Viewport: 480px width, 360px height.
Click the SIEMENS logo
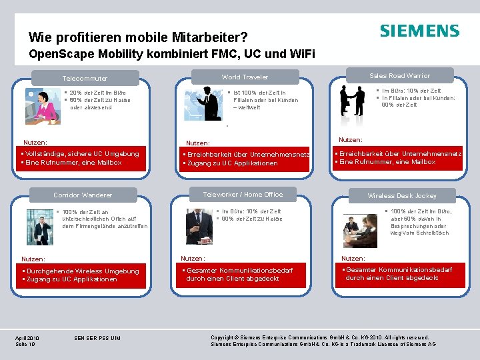click(419, 31)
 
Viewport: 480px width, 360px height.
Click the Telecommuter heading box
click(85, 78)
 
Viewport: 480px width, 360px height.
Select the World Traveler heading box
click(245, 77)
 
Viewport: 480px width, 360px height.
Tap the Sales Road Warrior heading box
click(400, 75)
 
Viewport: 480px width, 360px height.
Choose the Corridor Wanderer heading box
click(83, 195)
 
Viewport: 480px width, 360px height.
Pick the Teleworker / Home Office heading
click(243, 195)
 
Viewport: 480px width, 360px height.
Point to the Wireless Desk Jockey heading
click(402, 196)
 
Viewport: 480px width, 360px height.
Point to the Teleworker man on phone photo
click(199, 226)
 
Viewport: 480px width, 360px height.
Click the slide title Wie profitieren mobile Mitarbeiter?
click(139, 37)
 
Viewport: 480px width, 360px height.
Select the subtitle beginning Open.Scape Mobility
click(172, 54)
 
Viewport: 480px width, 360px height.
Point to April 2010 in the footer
click(27, 338)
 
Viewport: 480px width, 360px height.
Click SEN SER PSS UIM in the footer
click(98, 338)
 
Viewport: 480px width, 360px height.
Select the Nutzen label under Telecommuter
click(35, 143)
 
